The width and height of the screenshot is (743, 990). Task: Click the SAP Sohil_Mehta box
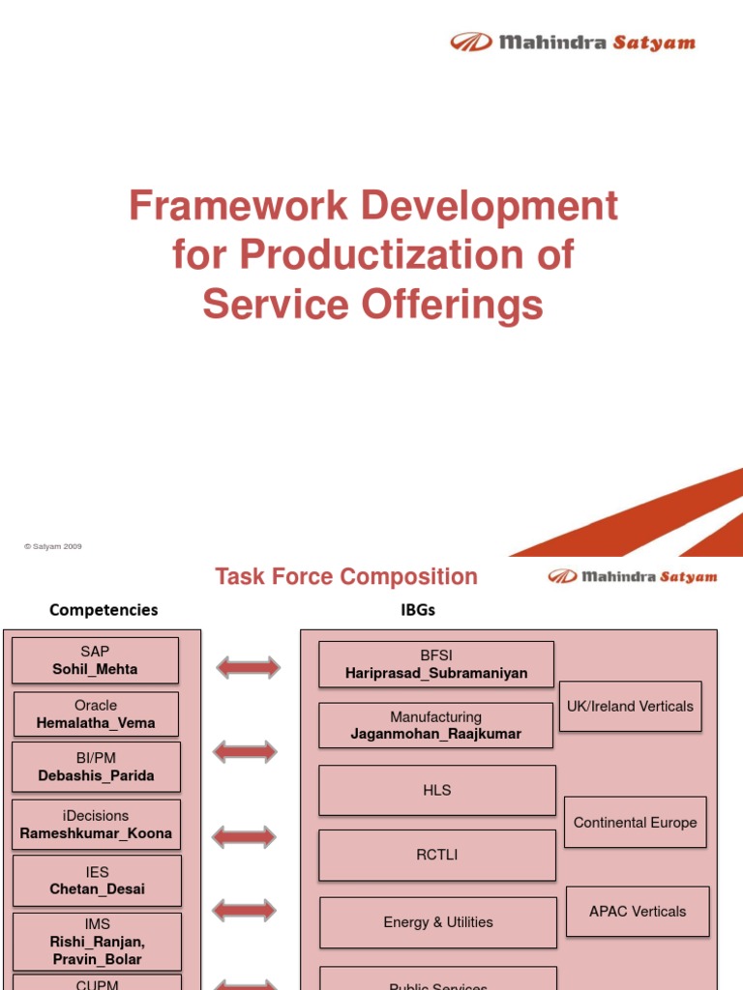[95, 660]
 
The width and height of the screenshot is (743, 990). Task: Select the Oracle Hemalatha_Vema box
[95, 714]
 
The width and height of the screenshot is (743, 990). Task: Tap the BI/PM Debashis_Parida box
[96, 767]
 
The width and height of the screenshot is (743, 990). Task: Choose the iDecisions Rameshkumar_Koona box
[96, 825]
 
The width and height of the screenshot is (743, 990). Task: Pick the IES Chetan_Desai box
[97, 880]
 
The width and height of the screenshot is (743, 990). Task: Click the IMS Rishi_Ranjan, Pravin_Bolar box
[97, 942]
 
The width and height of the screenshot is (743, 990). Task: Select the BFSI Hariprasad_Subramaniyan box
[436, 664]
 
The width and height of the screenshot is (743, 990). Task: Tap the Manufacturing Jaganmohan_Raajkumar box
[435, 725]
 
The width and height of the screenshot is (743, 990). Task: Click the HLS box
[437, 791]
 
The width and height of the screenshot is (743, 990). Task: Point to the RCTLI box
[437, 855]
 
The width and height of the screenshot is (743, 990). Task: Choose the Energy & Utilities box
[437, 922]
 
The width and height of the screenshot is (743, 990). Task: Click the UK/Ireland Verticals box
[630, 707]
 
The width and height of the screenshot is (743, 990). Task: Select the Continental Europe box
[635, 823]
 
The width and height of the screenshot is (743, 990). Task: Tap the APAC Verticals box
[638, 912]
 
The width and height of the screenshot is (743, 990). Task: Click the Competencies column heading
[104, 610]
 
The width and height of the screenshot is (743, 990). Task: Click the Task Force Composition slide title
[346, 577]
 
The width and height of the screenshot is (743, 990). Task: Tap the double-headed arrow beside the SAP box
[248, 667]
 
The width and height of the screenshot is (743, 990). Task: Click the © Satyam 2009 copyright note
[53, 546]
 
